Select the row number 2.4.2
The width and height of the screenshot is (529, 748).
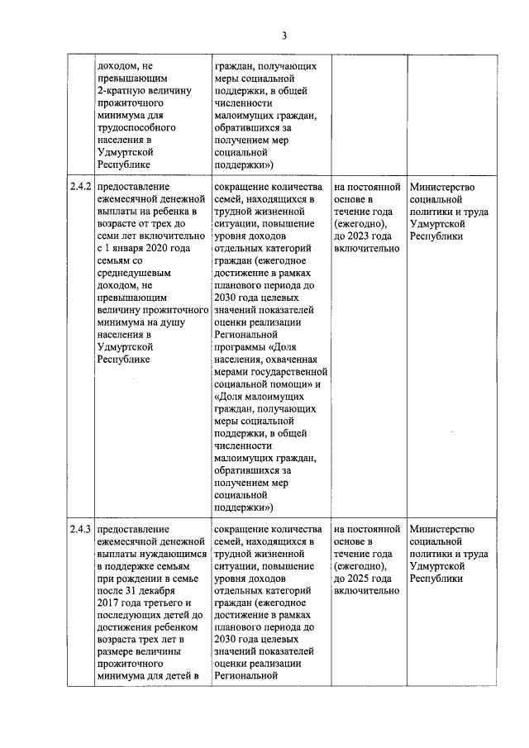click(80, 188)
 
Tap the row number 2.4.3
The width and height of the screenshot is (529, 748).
click(80, 529)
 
